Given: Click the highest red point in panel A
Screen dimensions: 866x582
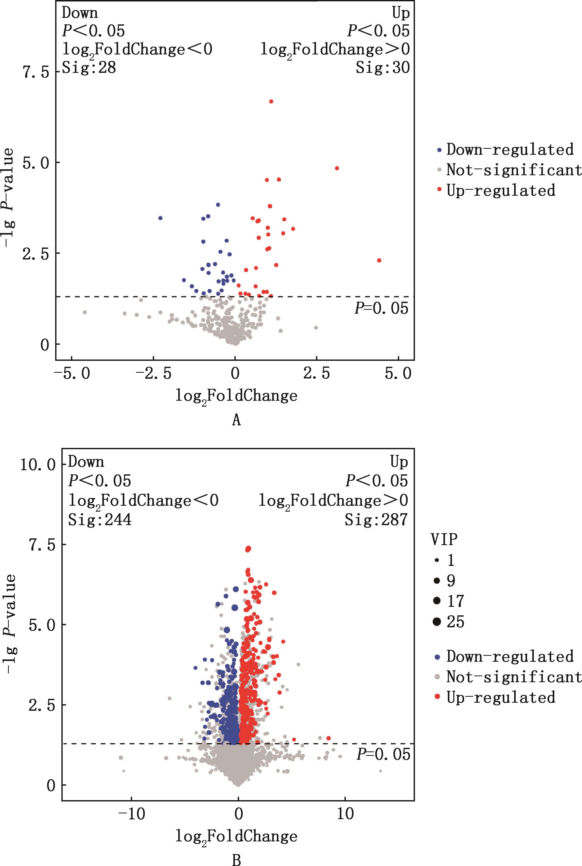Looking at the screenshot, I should pyautogui.click(x=271, y=101).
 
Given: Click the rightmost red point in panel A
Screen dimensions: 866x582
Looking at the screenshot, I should pyautogui.click(x=379, y=260).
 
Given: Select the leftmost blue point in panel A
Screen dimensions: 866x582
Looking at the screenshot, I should pyautogui.click(x=160, y=218).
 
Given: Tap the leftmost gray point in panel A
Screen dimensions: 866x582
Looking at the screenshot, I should pyautogui.click(x=85, y=312).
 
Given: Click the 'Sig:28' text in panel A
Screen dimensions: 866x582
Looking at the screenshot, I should pyautogui.click(x=89, y=68).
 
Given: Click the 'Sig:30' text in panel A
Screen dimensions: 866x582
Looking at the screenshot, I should pyautogui.click(x=383, y=68).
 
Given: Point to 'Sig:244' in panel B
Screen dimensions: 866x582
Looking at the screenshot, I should pyautogui.click(x=100, y=519).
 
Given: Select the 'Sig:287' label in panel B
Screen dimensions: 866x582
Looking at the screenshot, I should pyautogui.click(x=376, y=519).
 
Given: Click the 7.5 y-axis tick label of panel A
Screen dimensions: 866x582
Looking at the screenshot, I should pyautogui.click(x=36, y=72).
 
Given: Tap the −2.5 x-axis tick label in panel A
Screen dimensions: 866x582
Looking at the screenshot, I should pyautogui.click(x=153, y=374).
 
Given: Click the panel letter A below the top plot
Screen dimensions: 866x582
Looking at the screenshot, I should pyautogui.click(x=236, y=420).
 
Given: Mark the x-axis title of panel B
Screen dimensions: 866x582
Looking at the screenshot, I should pyautogui.click(x=236, y=836).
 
